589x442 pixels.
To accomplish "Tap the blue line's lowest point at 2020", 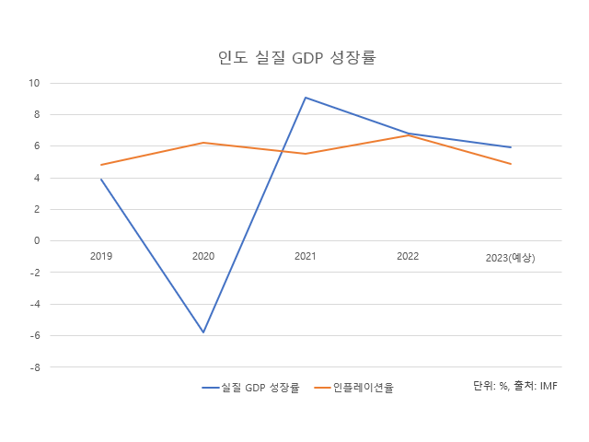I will point(203,332).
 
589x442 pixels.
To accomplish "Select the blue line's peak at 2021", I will point(306,98).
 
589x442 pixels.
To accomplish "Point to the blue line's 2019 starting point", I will point(101,180).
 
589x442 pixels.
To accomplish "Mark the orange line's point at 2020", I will point(203,143).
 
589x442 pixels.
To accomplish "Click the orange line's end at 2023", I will point(510,164).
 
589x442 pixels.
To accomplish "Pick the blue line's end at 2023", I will point(510,147).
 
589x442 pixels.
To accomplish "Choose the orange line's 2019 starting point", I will point(101,165).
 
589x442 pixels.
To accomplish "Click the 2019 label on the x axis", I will point(101,256).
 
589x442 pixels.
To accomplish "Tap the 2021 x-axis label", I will point(306,256).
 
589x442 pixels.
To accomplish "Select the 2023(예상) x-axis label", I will point(510,257).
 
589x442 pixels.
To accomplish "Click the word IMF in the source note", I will point(549,385).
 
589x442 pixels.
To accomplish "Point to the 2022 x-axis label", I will point(408,256).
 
